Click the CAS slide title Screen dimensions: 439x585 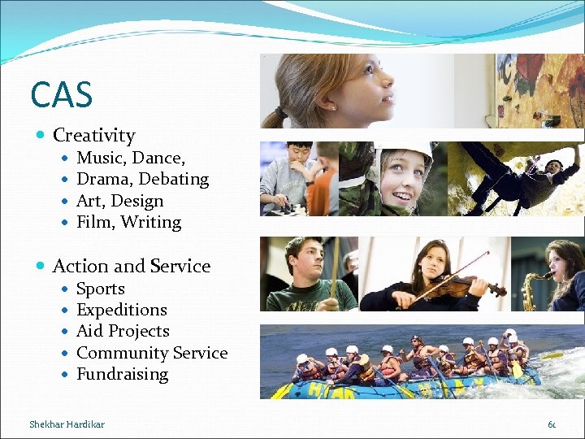pos(61,94)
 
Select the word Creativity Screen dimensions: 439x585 pos(93,136)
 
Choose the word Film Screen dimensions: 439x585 pos(93,222)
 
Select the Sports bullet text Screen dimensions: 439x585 pos(100,289)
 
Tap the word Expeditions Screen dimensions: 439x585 pos(121,310)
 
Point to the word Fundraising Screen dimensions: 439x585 pos(122,374)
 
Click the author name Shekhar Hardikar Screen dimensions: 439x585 pos(67,424)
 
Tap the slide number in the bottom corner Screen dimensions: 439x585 pos(552,424)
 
